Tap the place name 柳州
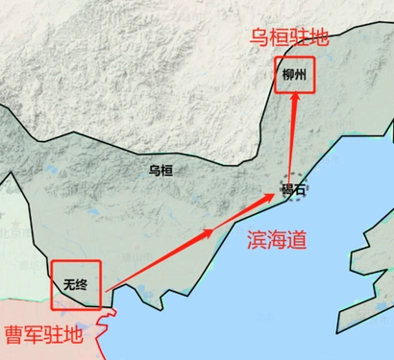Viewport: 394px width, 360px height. pos(294,74)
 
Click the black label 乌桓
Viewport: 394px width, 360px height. pos(160,170)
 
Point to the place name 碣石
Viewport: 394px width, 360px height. pos(293,190)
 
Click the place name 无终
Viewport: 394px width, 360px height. pos(75,284)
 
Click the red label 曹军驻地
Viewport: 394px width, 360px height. pos(43,335)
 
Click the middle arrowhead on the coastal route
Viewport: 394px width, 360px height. pos(207,232)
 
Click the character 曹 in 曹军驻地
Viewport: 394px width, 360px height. pos(14,335)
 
